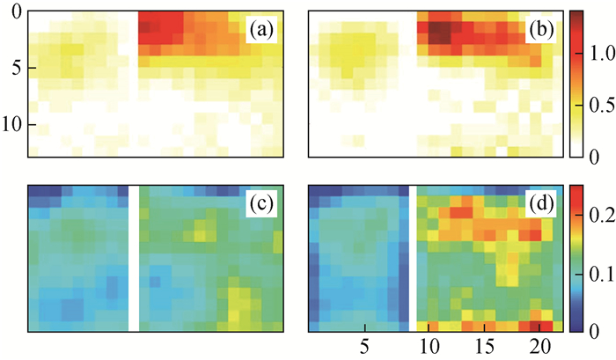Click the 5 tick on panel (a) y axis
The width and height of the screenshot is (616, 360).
click(11, 68)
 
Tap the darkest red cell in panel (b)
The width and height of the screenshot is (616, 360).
click(437, 33)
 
